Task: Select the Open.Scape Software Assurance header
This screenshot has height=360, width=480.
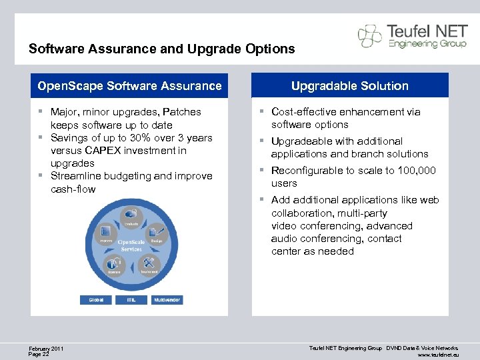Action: point(129,86)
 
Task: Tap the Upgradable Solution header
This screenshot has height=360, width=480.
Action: point(350,86)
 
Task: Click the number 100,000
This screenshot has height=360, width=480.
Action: point(417,171)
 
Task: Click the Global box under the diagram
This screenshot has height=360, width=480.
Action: point(96,300)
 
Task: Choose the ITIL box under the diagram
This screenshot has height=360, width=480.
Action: point(131,300)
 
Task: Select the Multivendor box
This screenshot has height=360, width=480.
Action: point(167,300)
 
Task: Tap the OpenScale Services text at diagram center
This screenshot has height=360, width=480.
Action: point(131,245)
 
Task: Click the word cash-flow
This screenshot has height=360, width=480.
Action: point(73,189)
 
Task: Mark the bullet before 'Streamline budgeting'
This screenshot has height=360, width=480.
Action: point(41,176)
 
